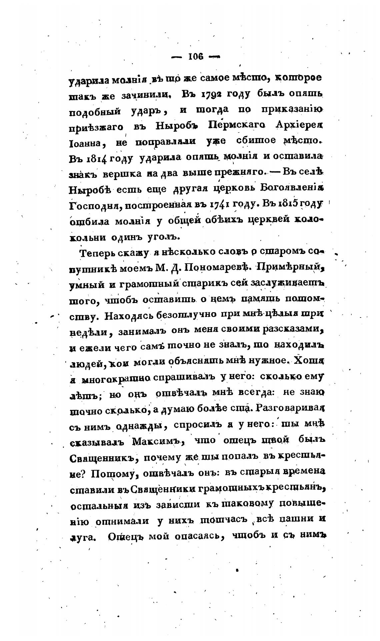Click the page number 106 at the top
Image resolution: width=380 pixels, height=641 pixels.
196,57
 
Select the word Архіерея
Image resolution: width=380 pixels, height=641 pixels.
299,125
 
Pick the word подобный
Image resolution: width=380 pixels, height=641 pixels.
92,111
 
